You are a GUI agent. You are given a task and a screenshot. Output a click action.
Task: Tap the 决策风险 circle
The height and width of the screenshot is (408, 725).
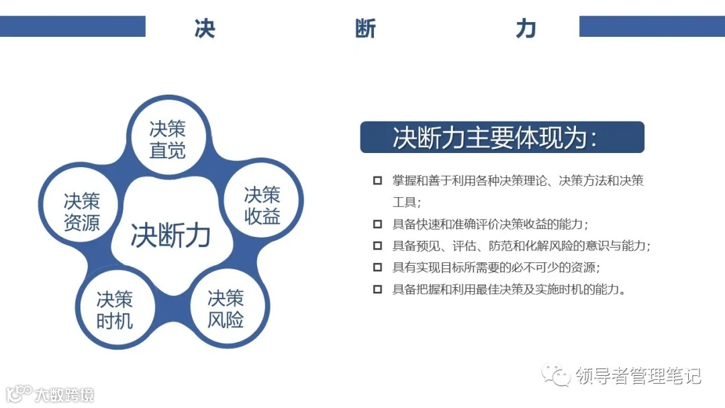point(226,309)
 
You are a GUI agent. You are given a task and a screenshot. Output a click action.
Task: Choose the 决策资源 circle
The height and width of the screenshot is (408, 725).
point(82,211)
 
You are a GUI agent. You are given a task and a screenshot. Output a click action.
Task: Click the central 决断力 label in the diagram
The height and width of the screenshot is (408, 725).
point(171,236)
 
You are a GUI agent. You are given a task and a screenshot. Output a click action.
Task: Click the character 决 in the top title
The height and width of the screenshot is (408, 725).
point(204,29)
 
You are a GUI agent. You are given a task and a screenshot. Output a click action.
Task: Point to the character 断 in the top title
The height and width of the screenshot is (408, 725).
point(366,29)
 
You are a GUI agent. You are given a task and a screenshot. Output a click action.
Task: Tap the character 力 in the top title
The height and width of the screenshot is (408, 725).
point(526,29)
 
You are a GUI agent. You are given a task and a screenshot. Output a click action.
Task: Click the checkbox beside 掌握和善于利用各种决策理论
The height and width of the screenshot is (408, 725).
point(378,181)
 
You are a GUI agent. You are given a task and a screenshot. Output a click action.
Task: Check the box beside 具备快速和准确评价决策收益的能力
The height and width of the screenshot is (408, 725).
point(378,224)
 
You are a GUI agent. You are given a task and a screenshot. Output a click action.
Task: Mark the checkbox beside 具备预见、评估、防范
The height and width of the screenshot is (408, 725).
point(378,246)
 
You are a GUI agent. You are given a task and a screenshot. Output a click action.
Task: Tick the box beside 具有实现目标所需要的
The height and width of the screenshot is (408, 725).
point(378,268)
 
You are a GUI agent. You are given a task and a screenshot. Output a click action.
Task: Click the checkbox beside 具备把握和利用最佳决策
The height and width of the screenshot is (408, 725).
point(378,289)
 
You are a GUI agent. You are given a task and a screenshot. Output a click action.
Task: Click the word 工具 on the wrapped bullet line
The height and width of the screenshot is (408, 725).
point(405,202)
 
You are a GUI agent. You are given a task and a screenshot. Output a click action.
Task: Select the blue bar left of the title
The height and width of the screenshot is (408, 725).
point(72,27)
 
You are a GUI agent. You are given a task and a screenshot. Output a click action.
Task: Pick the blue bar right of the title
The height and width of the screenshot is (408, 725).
point(652,27)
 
